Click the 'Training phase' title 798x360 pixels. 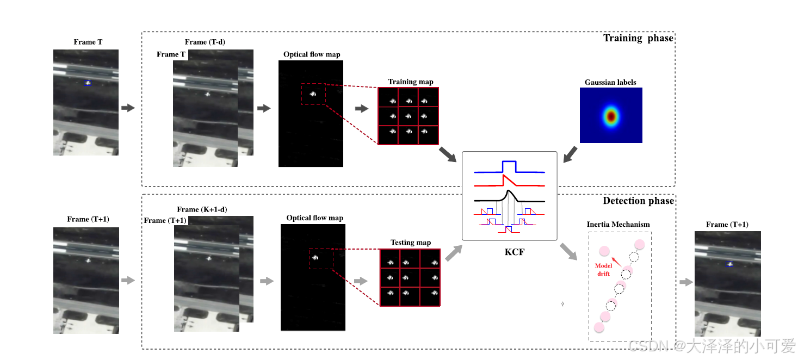click(x=638, y=38)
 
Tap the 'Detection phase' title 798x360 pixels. click(x=638, y=201)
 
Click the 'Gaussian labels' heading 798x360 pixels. click(x=610, y=82)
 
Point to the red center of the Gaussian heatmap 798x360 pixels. click(x=611, y=116)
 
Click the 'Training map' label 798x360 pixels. click(x=411, y=82)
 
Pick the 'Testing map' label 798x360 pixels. click(x=411, y=243)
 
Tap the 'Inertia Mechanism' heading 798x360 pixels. click(x=618, y=224)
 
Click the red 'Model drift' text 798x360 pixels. click(x=604, y=270)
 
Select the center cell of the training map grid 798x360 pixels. click(x=408, y=116)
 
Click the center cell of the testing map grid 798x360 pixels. click(x=410, y=277)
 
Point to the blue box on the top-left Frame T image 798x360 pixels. click(x=88, y=83)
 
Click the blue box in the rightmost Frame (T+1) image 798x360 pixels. click(x=729, y=264)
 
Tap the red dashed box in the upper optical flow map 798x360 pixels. click(x=314, y=94)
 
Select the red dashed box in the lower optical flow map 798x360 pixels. click(x=321, y=258)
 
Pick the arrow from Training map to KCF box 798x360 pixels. click(x=448, y=154)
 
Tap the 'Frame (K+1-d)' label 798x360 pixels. click(x=202, y=209)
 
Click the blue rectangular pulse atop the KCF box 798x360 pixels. click(x=509, y=165)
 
